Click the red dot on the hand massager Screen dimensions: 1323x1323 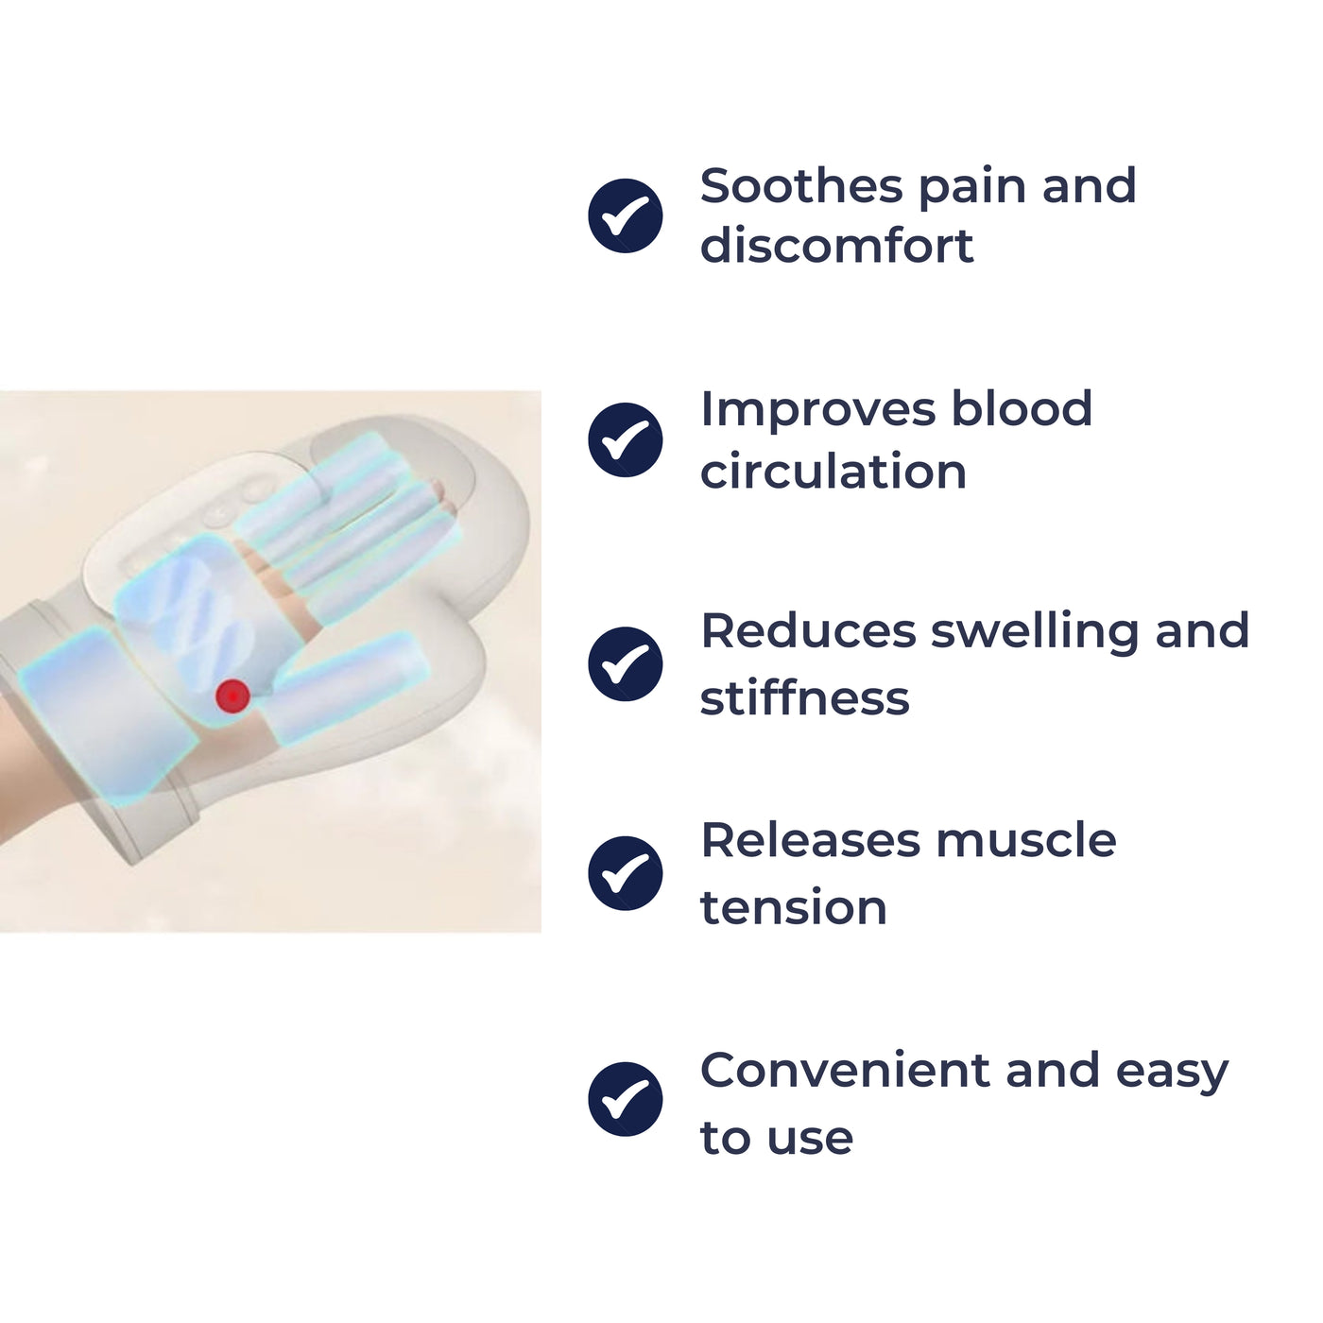pos(232,696)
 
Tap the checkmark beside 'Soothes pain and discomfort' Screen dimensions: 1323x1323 pos(626,215)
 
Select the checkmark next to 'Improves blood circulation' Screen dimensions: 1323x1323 pos(626,439)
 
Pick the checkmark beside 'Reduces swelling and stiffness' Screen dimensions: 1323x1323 pos(626,663)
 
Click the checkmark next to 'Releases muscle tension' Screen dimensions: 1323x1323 pos(626,873)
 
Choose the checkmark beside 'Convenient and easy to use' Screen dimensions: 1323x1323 pos(626,1099)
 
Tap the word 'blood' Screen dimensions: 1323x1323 pos(1021,409)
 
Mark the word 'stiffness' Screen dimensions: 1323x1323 pos(804,698)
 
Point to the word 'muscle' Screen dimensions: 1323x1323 pos(1025,840)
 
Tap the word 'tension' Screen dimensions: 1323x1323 pos(793,908)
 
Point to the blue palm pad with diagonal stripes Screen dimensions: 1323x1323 pos(194,610)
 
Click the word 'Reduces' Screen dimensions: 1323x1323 pos(807,631)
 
